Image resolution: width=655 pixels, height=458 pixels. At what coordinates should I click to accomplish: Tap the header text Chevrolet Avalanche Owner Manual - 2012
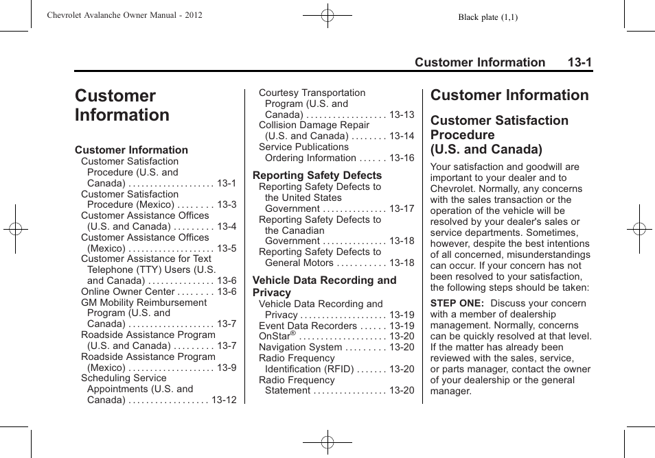click(x=124, y=15)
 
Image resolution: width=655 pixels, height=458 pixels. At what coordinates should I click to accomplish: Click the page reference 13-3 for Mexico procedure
click(x=227, y=205)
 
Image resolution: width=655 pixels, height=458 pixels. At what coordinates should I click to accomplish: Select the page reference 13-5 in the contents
click(x=227, y=248)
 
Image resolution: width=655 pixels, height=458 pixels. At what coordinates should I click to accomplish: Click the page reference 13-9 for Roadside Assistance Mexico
click(x=227, y=367)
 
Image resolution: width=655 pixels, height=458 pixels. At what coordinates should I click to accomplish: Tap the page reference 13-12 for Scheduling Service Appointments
click(x=224, y=400)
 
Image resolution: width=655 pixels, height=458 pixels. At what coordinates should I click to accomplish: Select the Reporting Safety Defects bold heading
click(x=317, y=176)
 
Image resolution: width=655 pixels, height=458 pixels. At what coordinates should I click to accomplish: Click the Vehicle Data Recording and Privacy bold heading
click(x=324, y=286)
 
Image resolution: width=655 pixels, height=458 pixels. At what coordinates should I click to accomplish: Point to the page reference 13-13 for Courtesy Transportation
click(x=402, y=114)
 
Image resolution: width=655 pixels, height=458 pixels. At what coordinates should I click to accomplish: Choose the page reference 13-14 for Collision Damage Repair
click(x=402, y=136)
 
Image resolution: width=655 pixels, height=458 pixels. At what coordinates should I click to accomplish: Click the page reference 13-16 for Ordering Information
click(x=402, y=158)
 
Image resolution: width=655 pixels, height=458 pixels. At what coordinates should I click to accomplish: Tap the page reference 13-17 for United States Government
click(x=402, y=208)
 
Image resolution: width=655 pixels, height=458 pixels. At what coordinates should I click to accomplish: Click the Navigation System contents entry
click(x=300, y=347)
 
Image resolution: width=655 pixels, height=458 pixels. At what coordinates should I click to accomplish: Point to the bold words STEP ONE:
click(x=457, y=303)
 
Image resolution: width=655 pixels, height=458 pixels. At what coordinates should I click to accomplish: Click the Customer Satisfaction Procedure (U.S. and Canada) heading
click(x=499, y=134)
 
